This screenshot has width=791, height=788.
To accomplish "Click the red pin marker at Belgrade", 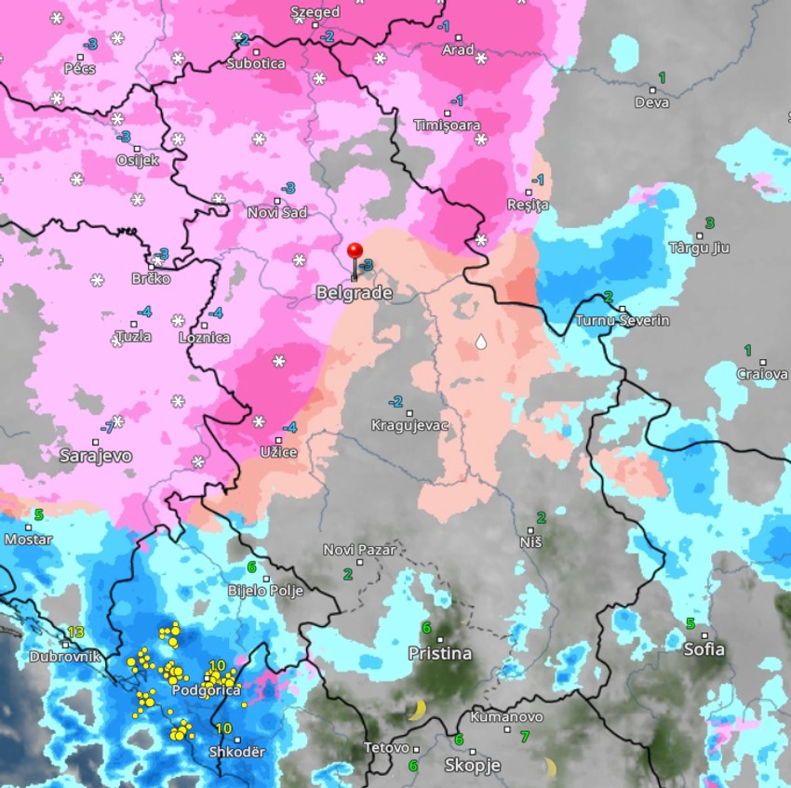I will point(355,251).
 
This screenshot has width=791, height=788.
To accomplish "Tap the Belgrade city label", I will point(354,293).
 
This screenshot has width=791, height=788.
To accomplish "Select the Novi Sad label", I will point(277,213).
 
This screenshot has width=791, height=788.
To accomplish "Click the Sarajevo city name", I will point(95,456).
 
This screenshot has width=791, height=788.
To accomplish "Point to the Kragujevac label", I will point(410,425).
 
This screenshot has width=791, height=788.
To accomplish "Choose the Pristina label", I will point(440,654).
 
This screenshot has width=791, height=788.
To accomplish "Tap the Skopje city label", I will point(473,766).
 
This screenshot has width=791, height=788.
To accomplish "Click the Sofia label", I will point(704,649).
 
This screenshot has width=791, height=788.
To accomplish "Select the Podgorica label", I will point(207,690).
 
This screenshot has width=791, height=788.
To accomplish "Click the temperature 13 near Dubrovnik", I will point(75,632).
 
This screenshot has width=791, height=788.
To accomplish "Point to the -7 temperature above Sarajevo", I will point(108,428).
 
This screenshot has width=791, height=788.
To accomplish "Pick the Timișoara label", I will point(448,125).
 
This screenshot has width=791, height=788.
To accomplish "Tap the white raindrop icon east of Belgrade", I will point(481,342).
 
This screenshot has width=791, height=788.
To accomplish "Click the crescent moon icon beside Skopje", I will point(550,768).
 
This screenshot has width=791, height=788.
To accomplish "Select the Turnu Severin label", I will point(623,321).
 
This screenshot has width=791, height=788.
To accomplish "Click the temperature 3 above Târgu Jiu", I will point(710,223).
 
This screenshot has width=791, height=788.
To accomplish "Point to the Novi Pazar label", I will point(359,550).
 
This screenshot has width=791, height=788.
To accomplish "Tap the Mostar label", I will point(29,540).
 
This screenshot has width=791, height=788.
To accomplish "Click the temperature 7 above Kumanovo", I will point(525,737).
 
